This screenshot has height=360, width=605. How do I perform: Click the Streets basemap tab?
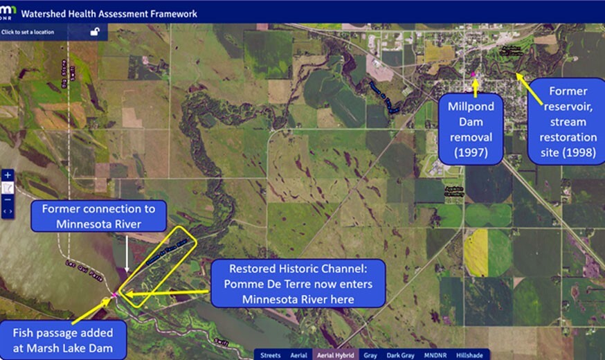tap(270, 355)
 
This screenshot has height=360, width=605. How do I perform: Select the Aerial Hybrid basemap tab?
tap(336, 355)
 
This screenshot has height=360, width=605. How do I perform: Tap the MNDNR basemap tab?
tap(436, 355)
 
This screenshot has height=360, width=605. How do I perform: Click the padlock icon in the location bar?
tap(95, 31)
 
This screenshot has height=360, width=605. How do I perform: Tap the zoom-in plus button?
tap(8, 175)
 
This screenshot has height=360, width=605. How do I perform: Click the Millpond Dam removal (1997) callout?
tap(475, 128)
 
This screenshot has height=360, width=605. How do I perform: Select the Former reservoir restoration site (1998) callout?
tap(568, 122)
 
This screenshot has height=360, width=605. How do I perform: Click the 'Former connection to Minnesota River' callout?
tap(98, 215)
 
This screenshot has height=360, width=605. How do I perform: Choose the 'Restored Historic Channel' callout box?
tap(297, 283)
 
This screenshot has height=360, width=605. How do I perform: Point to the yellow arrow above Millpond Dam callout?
tap(475, 87)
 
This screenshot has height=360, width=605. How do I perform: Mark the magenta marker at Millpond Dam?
tap(473, 74)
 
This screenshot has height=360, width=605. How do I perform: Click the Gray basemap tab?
tap(371, 355)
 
